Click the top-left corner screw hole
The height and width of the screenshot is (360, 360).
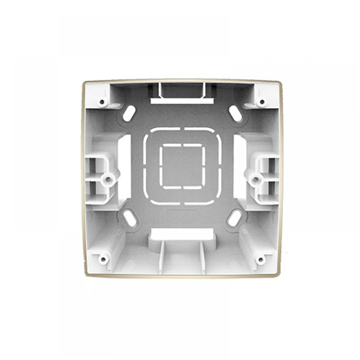pyautogui.click(x=103, y=102)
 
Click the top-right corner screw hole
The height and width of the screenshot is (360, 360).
pyautogui.click(x=262, y=102)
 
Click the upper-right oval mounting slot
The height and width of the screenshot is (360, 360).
pyautogui.click(x=235, y=113)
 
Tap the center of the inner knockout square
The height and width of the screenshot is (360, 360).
pyautogui.click(x=182, y=166)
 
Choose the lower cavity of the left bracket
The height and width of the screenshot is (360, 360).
pyautogui.click(x=93, y=187)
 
